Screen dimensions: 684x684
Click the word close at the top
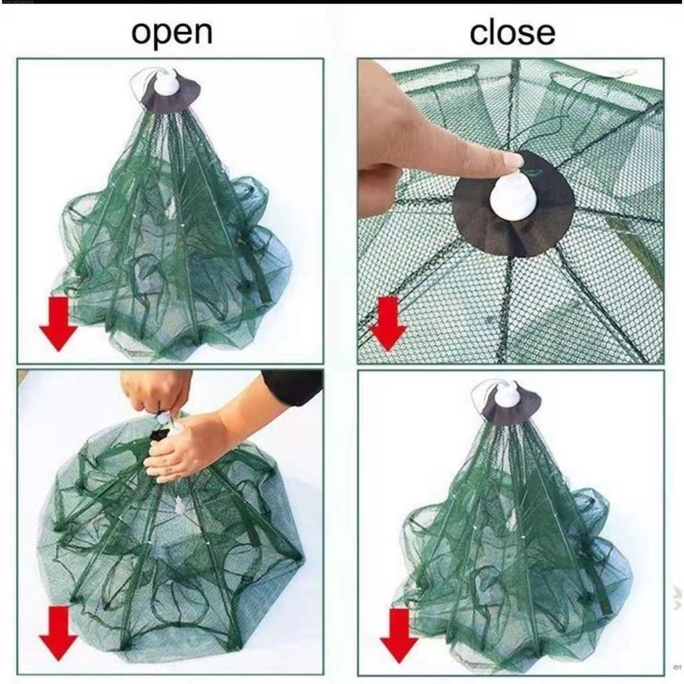512,32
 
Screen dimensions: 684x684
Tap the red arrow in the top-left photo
58,323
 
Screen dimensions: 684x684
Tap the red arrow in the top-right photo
387,323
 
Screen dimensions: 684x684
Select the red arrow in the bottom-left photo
58,633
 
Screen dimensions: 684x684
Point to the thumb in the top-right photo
379,191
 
